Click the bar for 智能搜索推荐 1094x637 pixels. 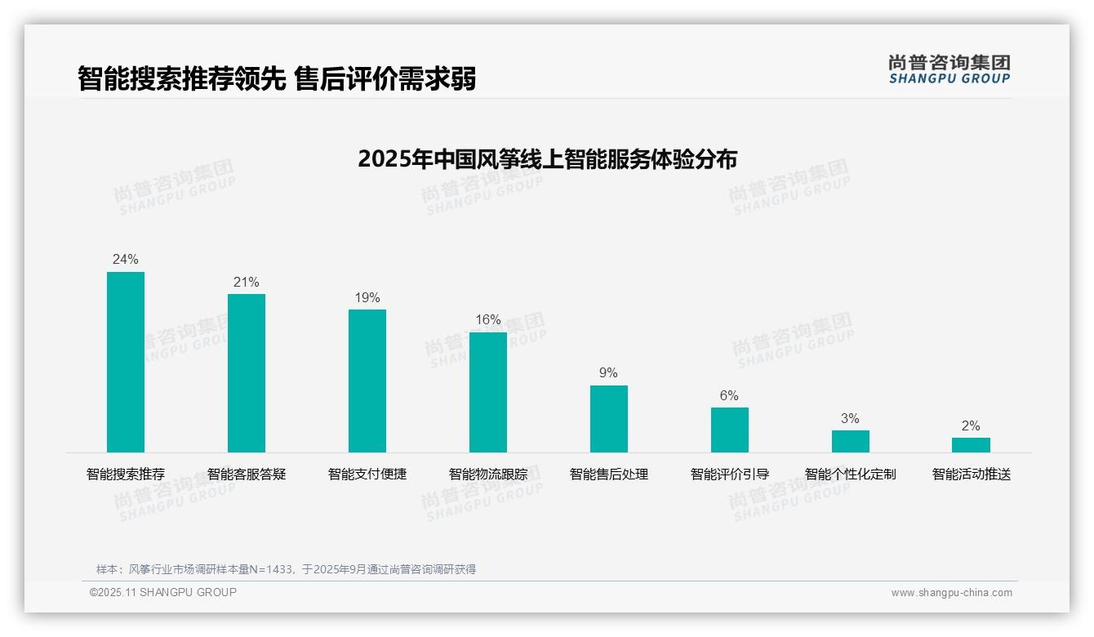(x=126, y=362)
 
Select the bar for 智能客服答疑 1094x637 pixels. (x=247, y=373)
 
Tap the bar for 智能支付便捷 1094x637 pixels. (x=367, y=381)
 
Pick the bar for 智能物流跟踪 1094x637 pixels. (x=488, y=392)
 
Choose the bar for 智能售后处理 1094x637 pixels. (x=609, y=419)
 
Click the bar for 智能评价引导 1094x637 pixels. (x=730, y=430)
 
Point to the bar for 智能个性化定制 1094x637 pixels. (x=851, y=441)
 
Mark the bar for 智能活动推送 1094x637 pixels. (x=971, y=445)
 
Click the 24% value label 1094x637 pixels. (x=126, y=260)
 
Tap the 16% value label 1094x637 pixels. (x=488, y=320)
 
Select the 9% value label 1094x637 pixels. (x=609, y=373)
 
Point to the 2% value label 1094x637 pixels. (x=971, y=426)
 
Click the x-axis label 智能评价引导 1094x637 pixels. (x=730, y=474)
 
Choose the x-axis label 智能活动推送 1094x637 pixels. (x=972, y=474)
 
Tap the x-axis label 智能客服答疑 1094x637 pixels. (x=247, y=474)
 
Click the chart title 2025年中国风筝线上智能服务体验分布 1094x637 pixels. (x=547, y=159)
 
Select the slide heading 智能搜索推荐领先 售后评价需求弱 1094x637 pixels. (x=277, y=79)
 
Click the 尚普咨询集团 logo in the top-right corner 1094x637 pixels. (x=949, y=69)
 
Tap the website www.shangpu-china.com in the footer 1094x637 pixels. (x=951, y=593)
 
